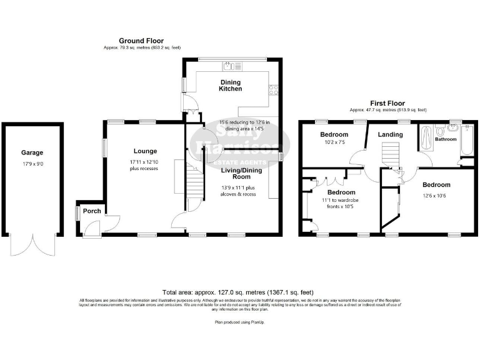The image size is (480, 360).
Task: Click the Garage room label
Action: tap(32, 152)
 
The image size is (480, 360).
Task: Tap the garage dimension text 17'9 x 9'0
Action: tap(32, 165)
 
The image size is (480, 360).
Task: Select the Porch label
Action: tap(92, 211)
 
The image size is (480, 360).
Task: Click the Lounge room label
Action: tap(144, 151)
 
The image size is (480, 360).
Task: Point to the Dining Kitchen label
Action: tap(230, 86)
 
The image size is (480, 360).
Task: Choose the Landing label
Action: tap(391, 134)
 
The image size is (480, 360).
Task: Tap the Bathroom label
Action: tap(446, 139)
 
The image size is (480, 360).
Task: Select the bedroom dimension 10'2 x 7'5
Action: tap(333, 143)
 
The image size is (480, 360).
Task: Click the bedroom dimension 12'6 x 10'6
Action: tap(435, 196)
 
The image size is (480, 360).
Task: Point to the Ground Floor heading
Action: tap(141, 41)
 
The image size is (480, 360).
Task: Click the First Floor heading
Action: tap(387, 104)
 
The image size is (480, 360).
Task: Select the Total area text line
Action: tap(237, 292)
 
